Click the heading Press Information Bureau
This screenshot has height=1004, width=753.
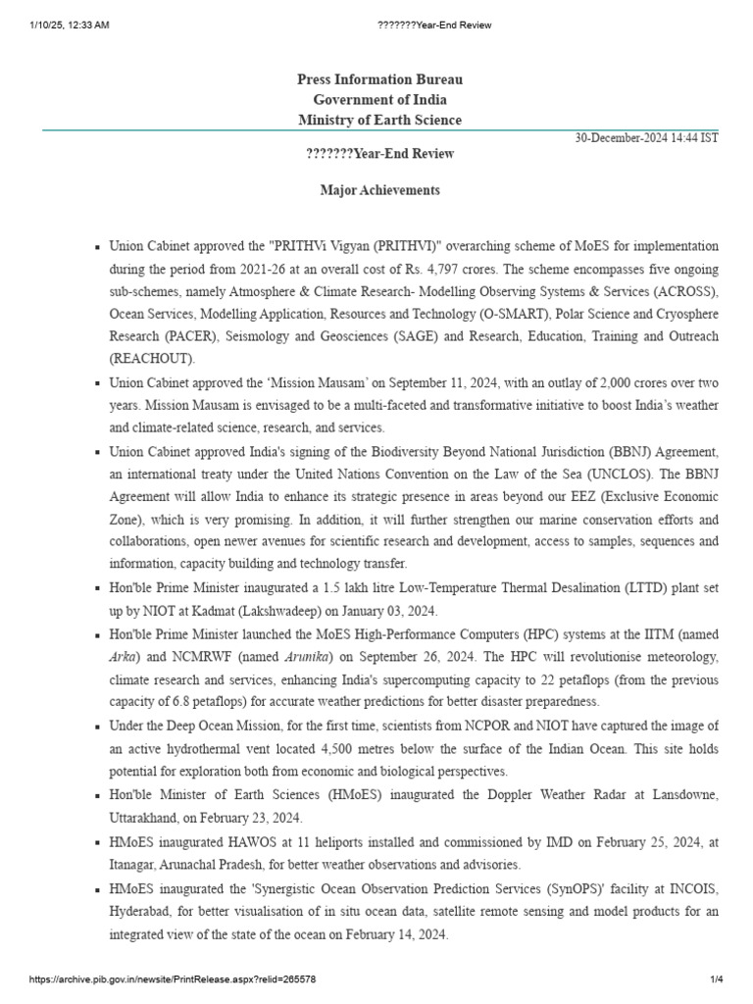(x=379, y=78)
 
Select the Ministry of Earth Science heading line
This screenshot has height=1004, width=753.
(x=379, y=120)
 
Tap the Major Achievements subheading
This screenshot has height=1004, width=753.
(x=379, y=189)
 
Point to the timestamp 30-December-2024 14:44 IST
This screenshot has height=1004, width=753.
(x=646, y=138)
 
